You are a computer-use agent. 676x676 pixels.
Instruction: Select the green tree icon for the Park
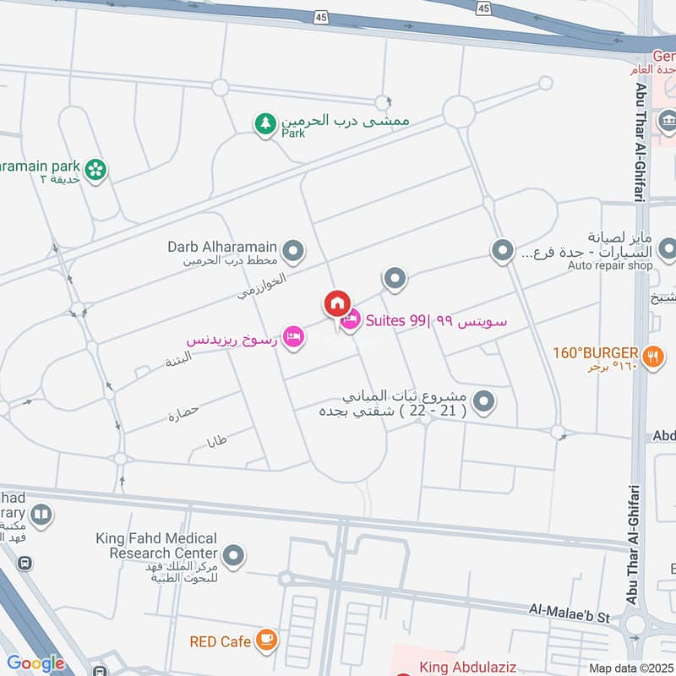point(265,124)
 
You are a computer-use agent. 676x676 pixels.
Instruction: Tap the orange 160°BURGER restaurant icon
point(651,357)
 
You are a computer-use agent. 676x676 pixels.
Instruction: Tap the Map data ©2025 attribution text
point(629,668)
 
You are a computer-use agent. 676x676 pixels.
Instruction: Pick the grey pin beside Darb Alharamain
point(293,250)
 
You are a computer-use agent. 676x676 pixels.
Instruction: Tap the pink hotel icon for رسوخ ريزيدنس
point(292,337)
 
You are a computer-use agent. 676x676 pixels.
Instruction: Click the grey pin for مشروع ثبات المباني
point(483,401)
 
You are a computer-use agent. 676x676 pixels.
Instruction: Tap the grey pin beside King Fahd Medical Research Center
point(236,555)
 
